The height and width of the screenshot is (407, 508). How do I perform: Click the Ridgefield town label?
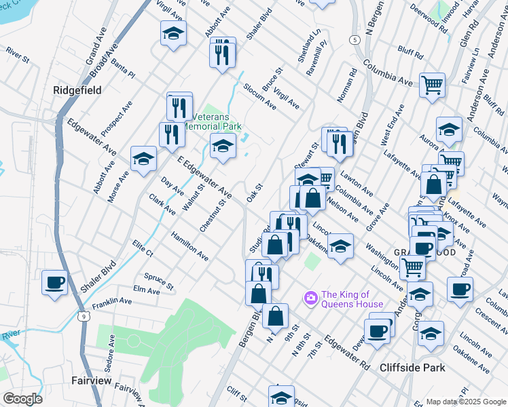click(x=77, y=90)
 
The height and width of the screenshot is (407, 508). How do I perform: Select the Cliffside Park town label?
click(x=412, y=367)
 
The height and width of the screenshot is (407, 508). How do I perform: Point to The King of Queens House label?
click(x=352, y=299)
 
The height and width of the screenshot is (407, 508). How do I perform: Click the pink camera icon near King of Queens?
click(x=311, y=297)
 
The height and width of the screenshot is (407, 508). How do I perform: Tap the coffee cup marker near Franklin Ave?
click(x=54, y=282)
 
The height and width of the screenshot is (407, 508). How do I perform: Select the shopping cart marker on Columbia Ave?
click(x=432, y=85)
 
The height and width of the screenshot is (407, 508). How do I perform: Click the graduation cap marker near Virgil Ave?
click(x=173, y=33)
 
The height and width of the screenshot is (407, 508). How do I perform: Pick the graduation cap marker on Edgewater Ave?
click(x=143, y=159)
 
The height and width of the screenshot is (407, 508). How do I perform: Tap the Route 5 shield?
click(x=355, y=40)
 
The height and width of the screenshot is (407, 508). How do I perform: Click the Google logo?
click(x=22, y=399)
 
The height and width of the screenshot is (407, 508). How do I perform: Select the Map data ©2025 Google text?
click(x=466, y=402)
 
